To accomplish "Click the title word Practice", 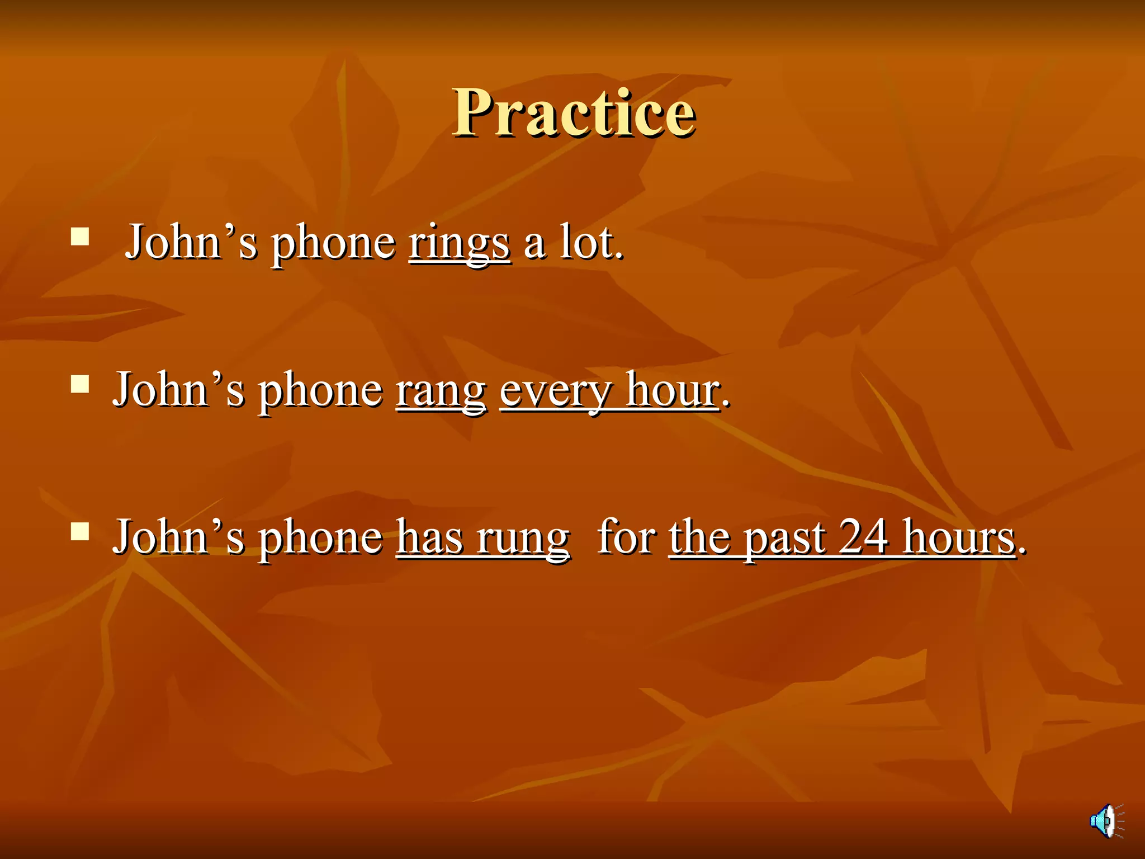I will (574, 113).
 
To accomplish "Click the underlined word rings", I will (459, 244).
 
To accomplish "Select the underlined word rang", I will (441, 391).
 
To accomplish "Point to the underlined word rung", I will (523, 538).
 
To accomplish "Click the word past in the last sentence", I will (784, 539).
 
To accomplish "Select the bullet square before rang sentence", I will (80, 384).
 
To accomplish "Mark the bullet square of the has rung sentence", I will (80, 531).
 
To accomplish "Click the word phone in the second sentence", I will (320, 391).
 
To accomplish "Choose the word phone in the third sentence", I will (320, 539).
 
